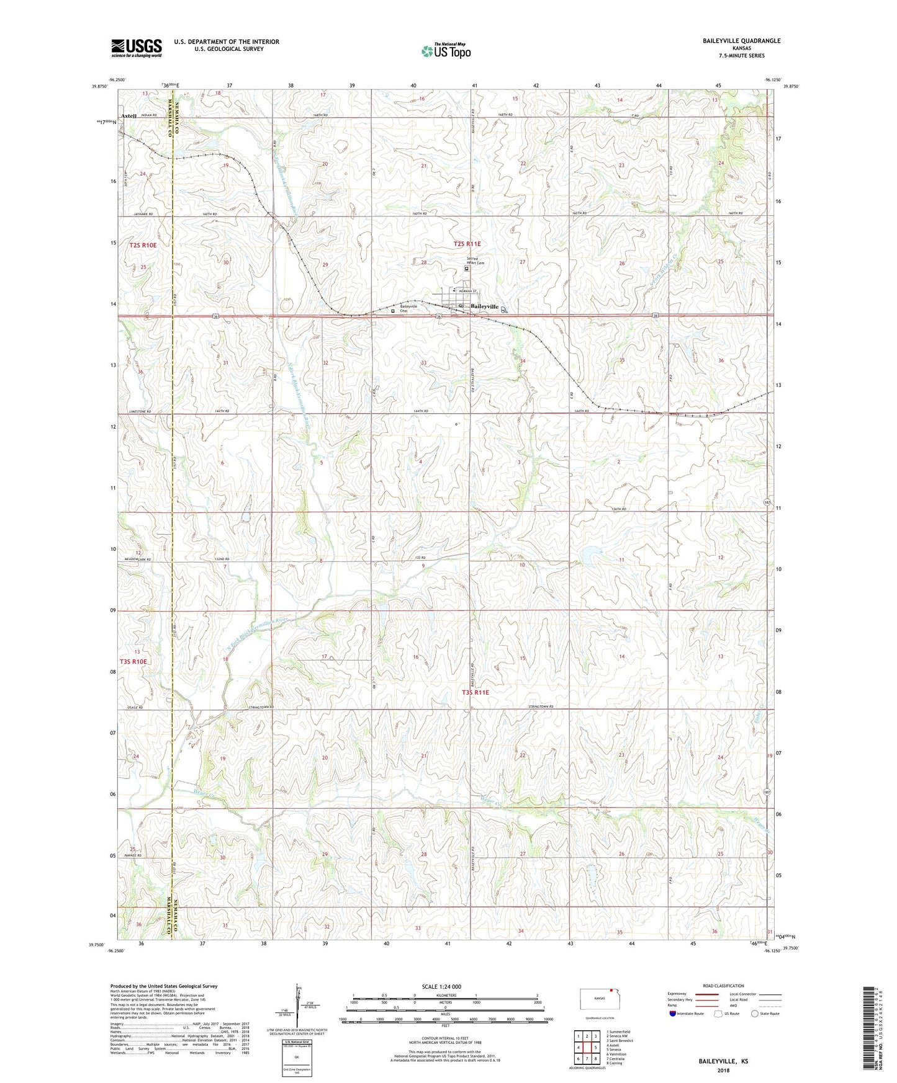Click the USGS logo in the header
pos(137,48)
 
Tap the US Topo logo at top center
pos(445,51)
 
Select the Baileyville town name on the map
pos(484,306)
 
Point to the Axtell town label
pos(128,116)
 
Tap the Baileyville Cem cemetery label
pos(408,307)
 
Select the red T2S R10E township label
pos(143,246)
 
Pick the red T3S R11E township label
pos(476,692)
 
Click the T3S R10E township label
pos(133,661)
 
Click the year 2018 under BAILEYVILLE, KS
pos(723,1070)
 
